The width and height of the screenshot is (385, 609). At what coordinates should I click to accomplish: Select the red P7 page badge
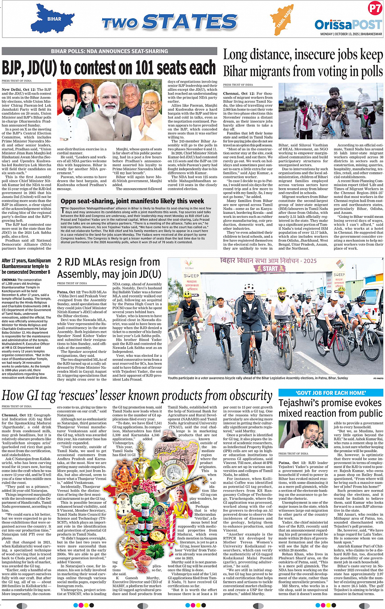click(374, 8)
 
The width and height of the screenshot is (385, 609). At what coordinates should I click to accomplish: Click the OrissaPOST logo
click(348, 24)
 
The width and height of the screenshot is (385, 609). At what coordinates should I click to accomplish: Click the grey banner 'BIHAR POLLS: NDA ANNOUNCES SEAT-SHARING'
click(109, 51)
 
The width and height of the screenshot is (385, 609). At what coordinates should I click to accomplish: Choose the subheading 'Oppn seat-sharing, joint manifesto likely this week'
click(132, 201)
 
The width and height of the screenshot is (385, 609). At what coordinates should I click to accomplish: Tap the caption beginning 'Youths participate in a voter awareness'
click(258, 378)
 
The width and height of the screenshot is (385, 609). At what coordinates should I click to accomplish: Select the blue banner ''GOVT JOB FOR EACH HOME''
click(330, 393)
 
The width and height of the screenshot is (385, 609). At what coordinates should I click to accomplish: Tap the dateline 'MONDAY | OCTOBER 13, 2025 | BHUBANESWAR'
click(351, 34)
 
